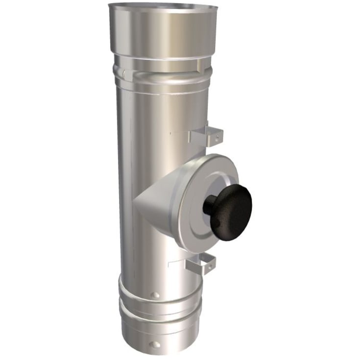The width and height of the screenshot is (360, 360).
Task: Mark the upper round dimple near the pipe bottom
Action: tap(155, 295)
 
